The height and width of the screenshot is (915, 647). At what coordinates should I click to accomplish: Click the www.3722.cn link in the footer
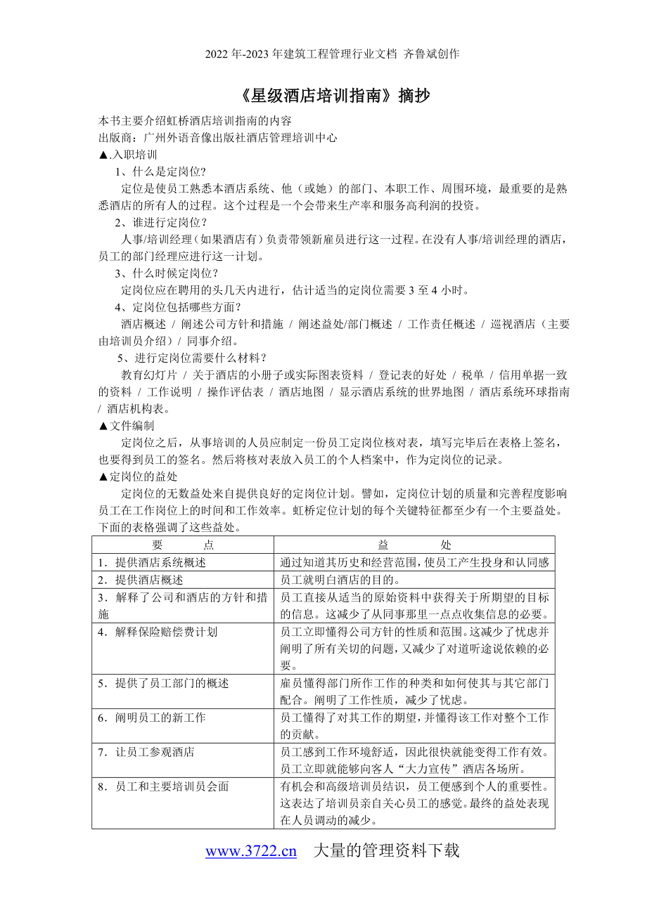click(x=251, y=851)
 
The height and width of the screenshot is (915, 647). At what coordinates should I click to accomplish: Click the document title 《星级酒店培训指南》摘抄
click(x=323, y=96)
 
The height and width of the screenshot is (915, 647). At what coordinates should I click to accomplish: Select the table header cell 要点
click(x=183, y=545)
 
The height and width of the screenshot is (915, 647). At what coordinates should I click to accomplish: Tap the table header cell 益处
click(x=414, y=545)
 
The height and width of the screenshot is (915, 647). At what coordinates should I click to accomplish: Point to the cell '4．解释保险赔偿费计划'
click(x=158, y=632)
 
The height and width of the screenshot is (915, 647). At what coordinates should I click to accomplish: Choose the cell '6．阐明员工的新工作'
click(x=153, y=718)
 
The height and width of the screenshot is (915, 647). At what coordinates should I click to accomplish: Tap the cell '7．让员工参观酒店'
click(x=147, y=752)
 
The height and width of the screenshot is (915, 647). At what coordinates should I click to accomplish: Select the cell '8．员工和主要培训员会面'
click(x=164, y=786)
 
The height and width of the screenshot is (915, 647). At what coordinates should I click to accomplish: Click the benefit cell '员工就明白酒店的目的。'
click(x=340, y=580)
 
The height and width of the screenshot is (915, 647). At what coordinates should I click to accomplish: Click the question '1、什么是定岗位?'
click(x=160, y=171)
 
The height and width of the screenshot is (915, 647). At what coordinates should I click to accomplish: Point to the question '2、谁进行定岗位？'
click(x=161, y=223)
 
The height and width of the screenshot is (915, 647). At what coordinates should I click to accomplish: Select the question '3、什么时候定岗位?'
click(x=166, y=273)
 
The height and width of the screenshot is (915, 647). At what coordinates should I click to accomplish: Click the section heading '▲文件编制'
click(x=127, y=426)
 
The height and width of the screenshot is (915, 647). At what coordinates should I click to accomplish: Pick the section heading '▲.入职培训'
click(x=128, y=155)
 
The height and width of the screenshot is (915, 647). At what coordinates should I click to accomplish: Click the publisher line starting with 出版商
click(x=217, y=138)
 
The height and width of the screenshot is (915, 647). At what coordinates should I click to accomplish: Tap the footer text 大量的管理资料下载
click(x=385, y=851)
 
